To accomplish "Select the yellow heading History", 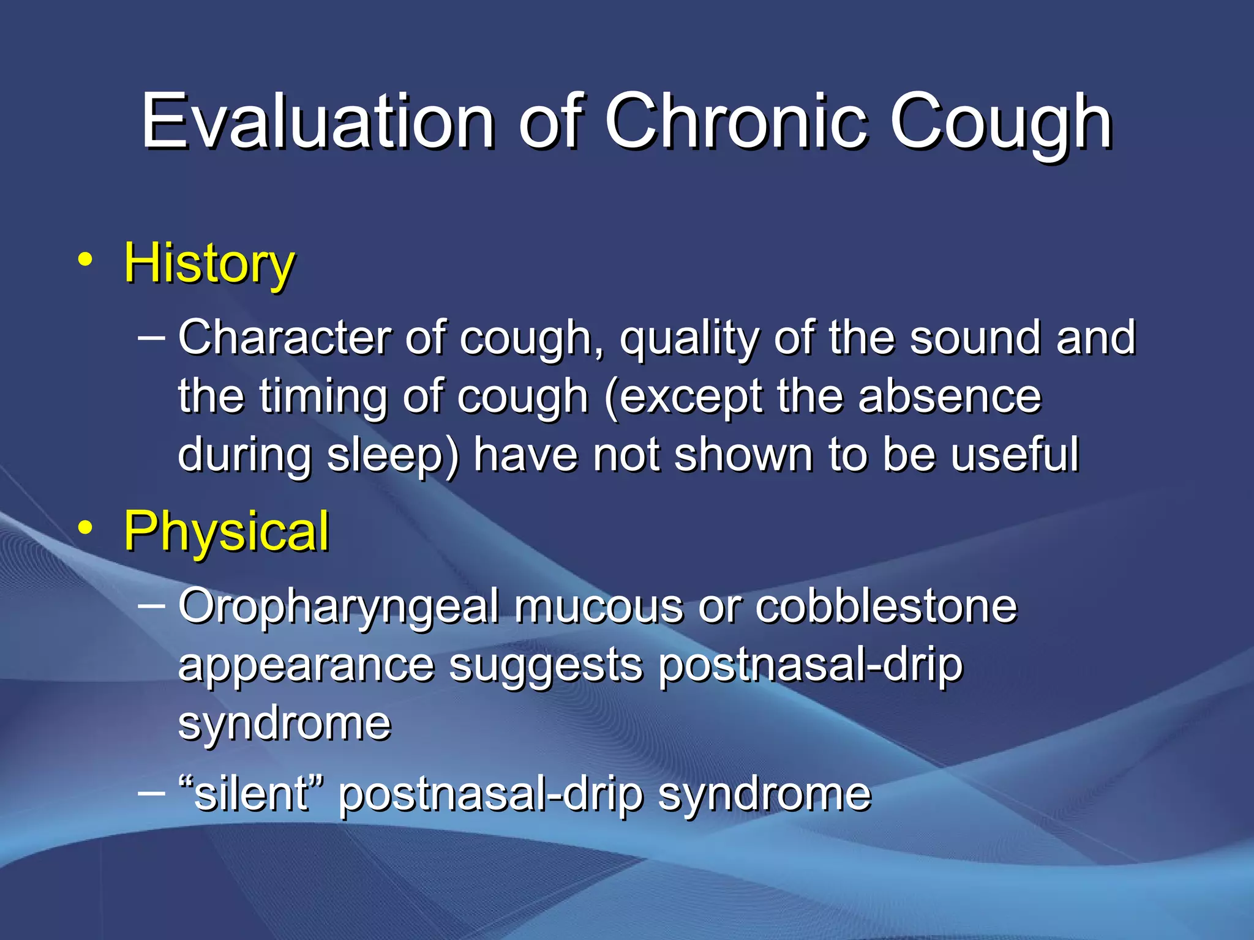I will point(209,263).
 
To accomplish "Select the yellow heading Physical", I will point(227,531).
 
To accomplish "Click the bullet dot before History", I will point(86,261).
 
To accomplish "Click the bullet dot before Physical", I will point(86,528).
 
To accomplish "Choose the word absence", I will point(949,397).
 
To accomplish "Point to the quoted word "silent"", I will point(251,794).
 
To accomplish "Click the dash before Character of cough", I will point(152,337).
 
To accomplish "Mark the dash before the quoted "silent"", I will point(152,793).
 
